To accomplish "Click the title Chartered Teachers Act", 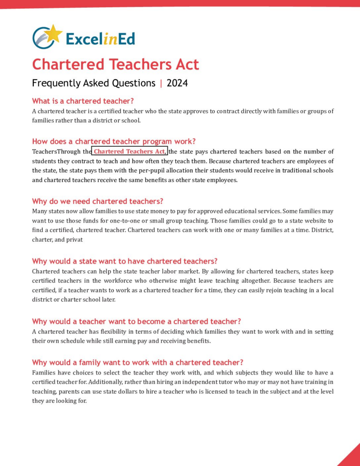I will click(116, 64).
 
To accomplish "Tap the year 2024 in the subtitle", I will click(177, 83).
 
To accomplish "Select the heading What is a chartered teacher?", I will click(83, 101).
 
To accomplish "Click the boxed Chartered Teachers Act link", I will click(130, 152).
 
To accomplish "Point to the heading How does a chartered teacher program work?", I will click(114, 141).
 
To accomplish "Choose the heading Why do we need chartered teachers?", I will click(97, 201).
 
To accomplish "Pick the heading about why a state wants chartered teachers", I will click(125, 261).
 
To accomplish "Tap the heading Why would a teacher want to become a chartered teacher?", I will click(137, 321).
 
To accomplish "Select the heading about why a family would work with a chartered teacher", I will click(137, 362).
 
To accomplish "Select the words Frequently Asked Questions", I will click(94, 83).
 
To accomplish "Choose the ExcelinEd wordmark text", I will click(100, 39).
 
